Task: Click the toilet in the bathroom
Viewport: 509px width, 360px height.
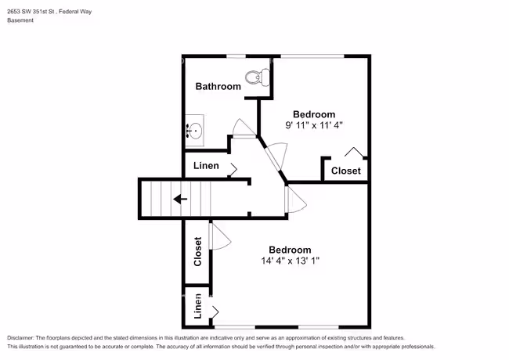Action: coord(257,77)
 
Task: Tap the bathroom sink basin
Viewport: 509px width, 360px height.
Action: coord(195,131)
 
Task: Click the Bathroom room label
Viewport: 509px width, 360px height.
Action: coord(218,86)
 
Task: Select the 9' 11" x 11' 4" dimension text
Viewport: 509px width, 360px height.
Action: coord(314,125)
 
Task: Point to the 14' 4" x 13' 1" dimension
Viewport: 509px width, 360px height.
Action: coord(291,261)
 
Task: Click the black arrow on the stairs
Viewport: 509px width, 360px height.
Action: coord(180,199)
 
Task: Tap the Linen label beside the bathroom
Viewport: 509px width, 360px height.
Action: coord(206,166)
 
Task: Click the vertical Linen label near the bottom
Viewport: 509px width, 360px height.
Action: coord(197,306)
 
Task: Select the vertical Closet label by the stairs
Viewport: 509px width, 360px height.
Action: coord(197,252)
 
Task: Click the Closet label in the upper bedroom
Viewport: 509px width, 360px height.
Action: coord(345,171)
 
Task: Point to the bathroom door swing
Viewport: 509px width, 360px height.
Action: coord(244,128)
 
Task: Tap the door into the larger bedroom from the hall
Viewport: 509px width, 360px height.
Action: coord(295,200)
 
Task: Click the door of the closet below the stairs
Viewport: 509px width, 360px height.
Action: coord(220,236)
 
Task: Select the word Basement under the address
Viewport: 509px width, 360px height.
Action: coord(20,20)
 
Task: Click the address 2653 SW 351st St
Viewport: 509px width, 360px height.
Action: coord(31,12)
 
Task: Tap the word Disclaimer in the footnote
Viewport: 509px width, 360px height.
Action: coord(20,338)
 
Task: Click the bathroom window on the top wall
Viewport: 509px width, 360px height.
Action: coord(236,56)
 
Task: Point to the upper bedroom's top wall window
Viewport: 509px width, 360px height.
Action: coord(312,56)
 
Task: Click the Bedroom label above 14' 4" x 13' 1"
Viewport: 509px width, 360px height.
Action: coord(291,250)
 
